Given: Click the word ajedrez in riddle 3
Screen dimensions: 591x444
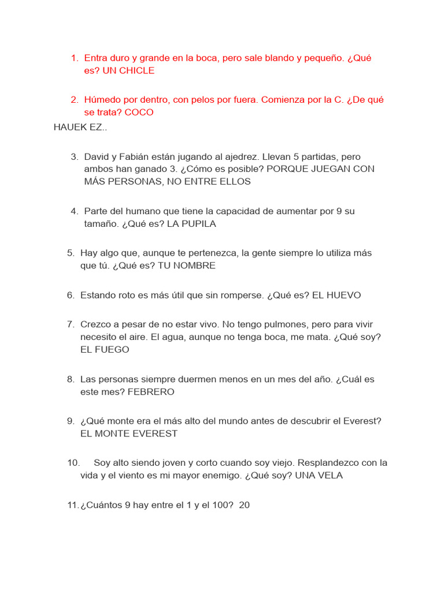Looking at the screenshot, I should coord(242,156).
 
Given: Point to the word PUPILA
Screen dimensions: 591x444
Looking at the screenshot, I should coord(199,224).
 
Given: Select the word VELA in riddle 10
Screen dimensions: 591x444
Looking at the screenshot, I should coord(330,475).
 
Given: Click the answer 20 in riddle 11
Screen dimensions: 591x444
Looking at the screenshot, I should coord(244,505).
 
